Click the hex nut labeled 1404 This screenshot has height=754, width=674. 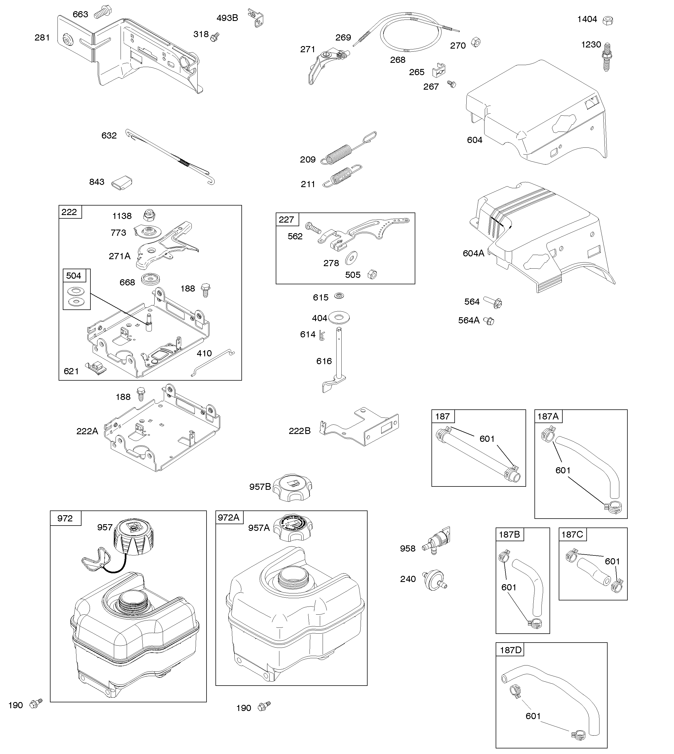(x=607, y=20)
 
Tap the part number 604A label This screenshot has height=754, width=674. (x=473, y=253)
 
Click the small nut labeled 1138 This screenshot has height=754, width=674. (x=149, y=215)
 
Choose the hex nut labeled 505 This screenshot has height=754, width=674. (x=372, y=275)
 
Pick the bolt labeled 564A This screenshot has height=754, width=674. (x=489, y=321)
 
